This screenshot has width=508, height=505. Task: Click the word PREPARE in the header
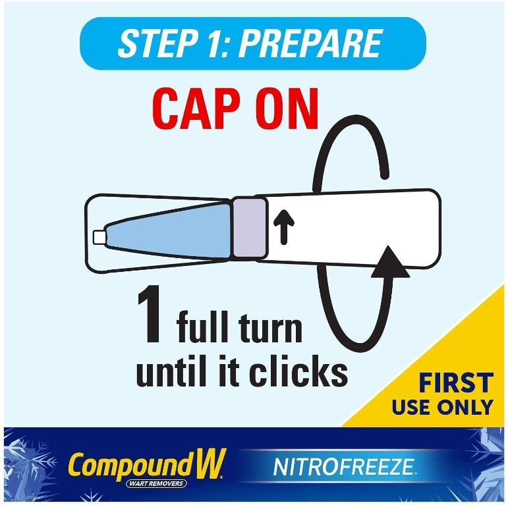310,43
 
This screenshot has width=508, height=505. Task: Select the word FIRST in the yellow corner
456,383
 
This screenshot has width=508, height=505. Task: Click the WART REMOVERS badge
156,484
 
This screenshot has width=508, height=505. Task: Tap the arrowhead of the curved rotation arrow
390,261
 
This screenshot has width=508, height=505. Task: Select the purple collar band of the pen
250,229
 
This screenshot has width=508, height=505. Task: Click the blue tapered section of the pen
169,231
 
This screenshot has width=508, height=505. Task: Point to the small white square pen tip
99,237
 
